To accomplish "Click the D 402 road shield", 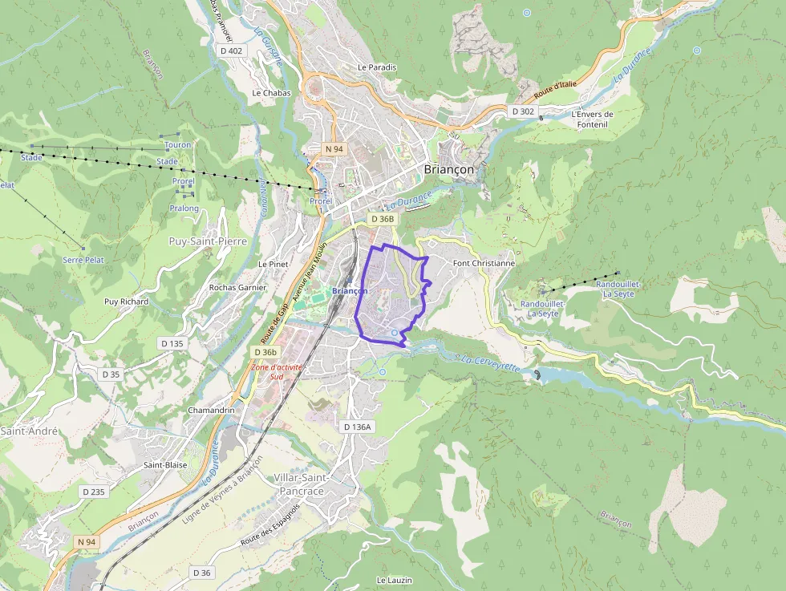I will click(230, 51).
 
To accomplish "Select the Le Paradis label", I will click(377, 67).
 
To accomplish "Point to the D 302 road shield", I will click(523, 111).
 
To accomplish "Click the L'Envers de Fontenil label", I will click(592, 119).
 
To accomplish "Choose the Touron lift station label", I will click(177, 145).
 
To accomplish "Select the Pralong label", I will click(184, 208).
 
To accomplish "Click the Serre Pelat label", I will click(83, 260).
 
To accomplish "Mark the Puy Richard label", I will click(126, 302).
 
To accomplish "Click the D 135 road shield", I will click(172, 343).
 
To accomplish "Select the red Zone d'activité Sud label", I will click(278, 371).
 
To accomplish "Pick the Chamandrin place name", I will click(210, 410).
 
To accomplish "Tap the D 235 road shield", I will click(93, 492).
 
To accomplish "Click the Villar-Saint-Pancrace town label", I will click(298, 484).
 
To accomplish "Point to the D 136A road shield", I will click(358, 427).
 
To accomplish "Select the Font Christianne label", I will click(484, 263).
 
